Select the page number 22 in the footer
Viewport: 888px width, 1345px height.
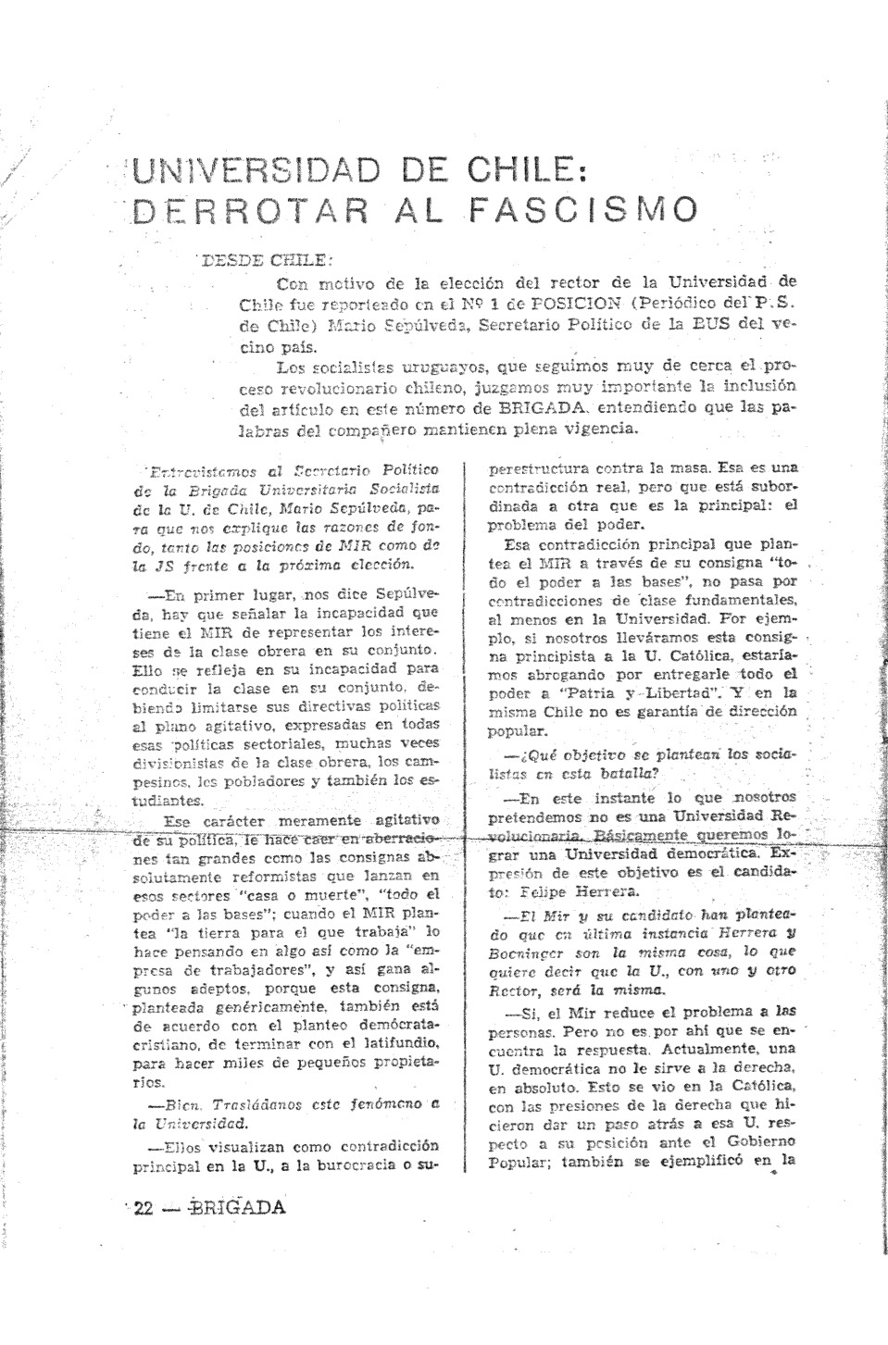(142, 1207)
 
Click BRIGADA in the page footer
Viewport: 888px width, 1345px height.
(236, 1207)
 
